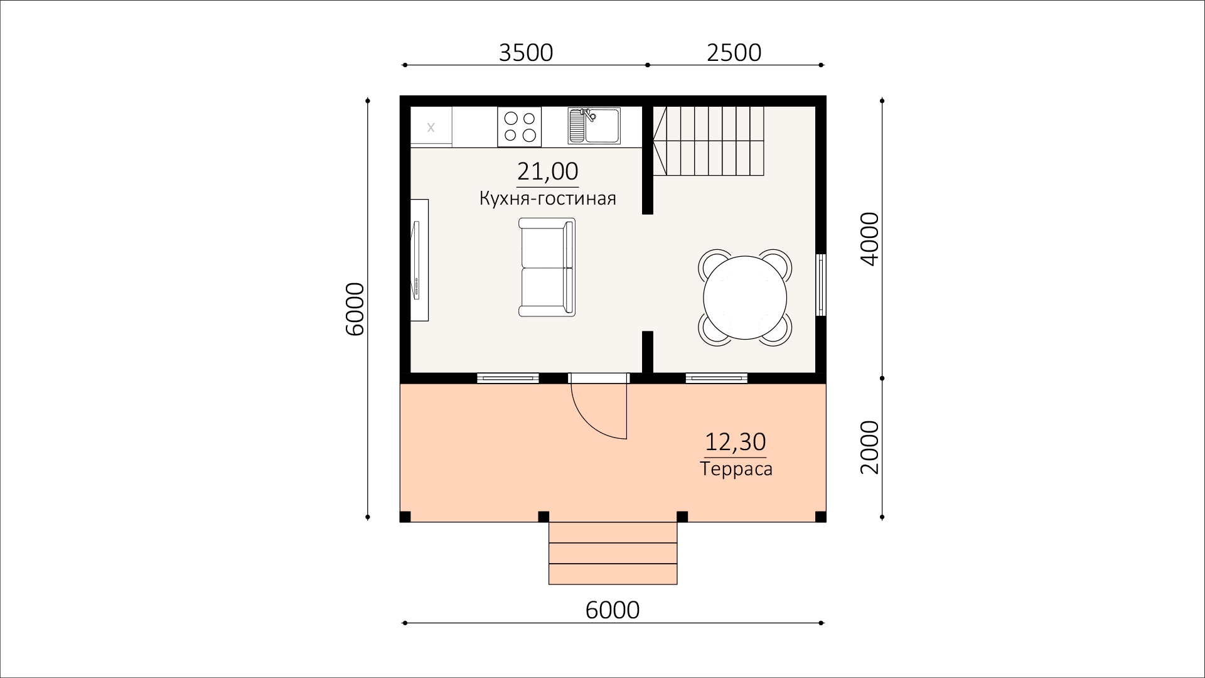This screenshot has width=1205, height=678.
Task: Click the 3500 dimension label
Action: pos(526,53)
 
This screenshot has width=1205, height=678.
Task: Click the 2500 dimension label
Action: pos(734,53)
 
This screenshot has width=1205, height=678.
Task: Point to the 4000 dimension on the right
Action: pos(870,239)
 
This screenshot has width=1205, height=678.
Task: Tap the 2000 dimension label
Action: pos(870,448)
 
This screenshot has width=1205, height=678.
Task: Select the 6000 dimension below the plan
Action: pos(613,610)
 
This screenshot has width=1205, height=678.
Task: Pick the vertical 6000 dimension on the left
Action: pos(355,309)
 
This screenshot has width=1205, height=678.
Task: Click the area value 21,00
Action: pos(547,171)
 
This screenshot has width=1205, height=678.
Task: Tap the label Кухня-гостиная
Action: pos(547,198)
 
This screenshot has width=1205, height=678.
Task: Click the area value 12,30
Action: pos(736,442)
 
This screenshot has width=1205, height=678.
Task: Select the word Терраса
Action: pos(736,469)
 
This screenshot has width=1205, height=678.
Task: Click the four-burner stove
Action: pos(520,126)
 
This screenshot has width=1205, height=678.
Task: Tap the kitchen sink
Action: pos(594,125)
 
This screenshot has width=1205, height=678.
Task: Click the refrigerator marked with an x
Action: pos(431,127)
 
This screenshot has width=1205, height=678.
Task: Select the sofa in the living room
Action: pos(547,267)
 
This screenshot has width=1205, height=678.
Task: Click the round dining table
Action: pos(745,297)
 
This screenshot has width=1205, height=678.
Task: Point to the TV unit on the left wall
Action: pos(419,260)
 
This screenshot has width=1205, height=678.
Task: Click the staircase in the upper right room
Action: pos(709,141)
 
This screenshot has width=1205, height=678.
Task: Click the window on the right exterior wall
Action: pos(821,284)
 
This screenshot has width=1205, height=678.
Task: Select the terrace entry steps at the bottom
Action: pos(613,553)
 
